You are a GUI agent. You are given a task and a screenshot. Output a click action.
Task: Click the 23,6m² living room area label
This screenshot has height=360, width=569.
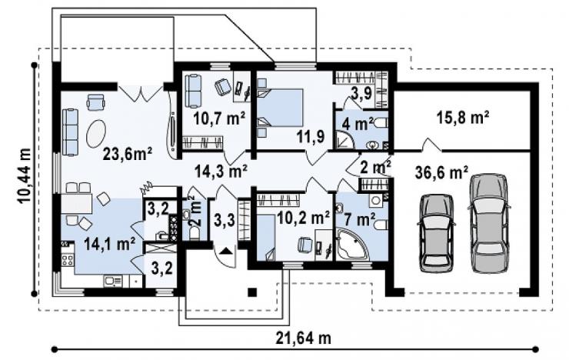pyautogui.click(x=128, y=154)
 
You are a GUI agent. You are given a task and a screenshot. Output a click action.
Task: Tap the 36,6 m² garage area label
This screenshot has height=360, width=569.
pyautogui.click(x=441, y=172)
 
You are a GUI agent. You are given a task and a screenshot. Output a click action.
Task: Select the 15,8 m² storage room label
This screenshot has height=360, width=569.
pyautogui.click(x=462, y=118)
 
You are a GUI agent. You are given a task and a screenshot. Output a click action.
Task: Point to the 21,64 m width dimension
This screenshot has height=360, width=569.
pyautogui.click(x=304, y=338)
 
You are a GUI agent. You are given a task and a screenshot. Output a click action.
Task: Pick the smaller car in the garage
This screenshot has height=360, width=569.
pyautogui.click(x=437, y=233)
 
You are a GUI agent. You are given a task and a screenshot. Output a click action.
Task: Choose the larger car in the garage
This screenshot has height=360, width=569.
pyautogui.click(x=488, y=222)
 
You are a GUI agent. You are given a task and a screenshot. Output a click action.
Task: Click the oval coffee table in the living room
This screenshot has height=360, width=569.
pyautogui.click(x=96, y=134)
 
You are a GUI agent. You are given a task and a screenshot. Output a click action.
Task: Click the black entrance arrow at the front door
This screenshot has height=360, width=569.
pyautogui.click(x=225, y=251)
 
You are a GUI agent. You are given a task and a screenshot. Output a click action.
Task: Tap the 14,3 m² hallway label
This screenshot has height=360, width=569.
pyautogui.click(x=221, y=171)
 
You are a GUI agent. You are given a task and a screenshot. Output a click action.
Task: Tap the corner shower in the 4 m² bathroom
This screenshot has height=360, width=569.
pyautogui.click(x=344, y=140)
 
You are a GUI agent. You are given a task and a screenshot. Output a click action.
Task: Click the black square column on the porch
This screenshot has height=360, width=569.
pyautogui.click(x=252, y=292)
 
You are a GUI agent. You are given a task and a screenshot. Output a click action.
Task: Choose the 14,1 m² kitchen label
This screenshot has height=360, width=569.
pyautogui.click(x=110, y=244)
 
